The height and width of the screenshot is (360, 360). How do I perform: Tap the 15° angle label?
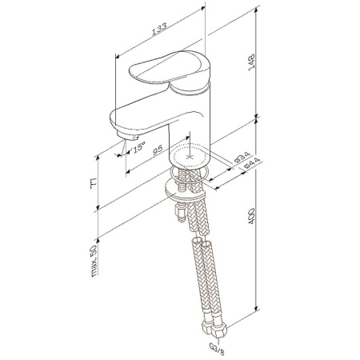(138, 147)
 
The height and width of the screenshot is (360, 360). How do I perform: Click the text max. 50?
(94, 259)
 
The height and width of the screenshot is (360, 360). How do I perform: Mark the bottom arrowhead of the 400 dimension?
(255, 312)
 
